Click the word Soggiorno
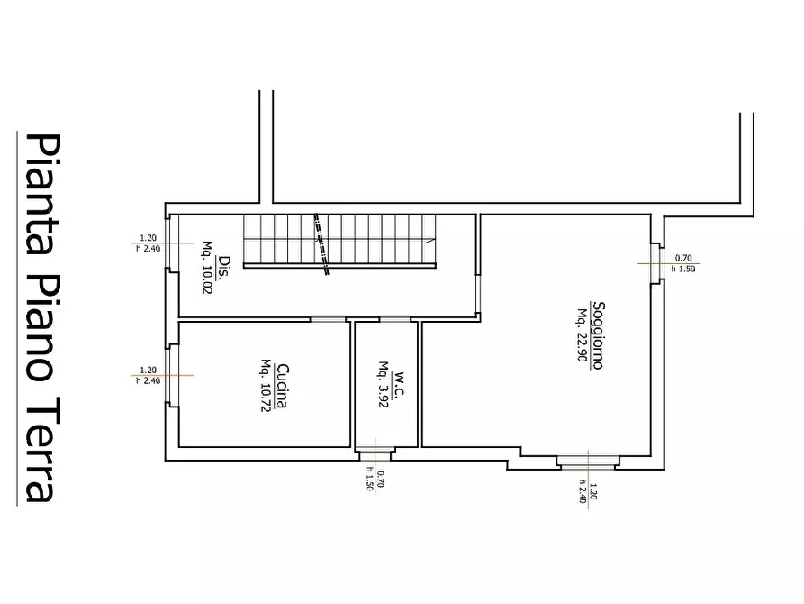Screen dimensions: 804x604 (598, 335)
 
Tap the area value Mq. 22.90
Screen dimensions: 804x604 (583, 334)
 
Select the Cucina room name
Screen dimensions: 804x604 (282, 386)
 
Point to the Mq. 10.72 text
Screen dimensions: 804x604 (266, 385)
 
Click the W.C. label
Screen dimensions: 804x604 (400, 386)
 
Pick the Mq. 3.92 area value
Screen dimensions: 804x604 (384, 385)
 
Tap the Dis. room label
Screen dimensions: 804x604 (223, 268)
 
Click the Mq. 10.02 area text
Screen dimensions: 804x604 (207, 267)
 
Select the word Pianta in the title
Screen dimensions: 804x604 (43, 194)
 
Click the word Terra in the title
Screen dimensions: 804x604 (43, 450)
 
